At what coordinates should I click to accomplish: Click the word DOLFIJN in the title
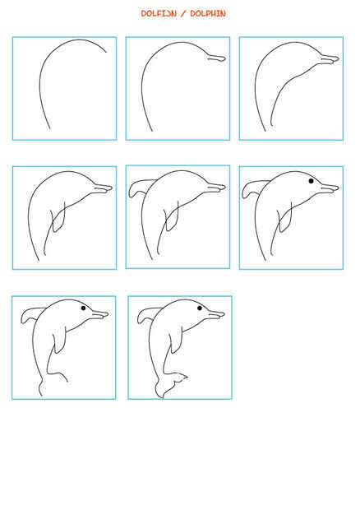(x=159, y=14)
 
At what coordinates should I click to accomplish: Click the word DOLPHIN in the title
(x=208, y=14)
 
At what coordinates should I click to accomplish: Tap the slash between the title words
(x=183, y=14)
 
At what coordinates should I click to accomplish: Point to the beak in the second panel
(x=217, y=58)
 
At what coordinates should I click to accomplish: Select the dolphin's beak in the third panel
(x=330, y=59)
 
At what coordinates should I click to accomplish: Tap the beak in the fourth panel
(x=103, y=188)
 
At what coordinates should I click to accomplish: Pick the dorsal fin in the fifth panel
(x=140, y=188)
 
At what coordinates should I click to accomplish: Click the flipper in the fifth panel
(x=173, y=217)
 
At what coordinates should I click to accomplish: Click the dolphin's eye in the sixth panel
(x=311, y=181)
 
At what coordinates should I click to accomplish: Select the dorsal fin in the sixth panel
(x=253, y=188)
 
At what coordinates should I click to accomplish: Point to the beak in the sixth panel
(x=330, y=188)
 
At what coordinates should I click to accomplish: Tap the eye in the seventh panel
(x=84, y=308)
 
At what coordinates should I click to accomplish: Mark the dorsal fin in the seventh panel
(x=32, y=315)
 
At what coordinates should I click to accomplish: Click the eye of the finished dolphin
(x=200, y=308)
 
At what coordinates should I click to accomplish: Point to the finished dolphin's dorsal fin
(x=148, y=315)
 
